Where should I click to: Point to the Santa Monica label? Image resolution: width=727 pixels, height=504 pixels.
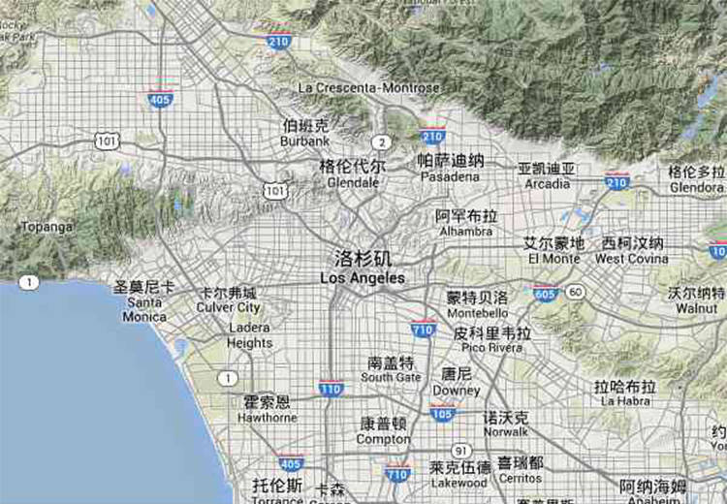tap(144, 301)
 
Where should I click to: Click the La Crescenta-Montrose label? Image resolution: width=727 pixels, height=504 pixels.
tap(368, 87)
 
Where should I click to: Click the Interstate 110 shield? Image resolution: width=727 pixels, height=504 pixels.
tap(331, 389)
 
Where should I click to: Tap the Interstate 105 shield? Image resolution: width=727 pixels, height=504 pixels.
tap(443, 414)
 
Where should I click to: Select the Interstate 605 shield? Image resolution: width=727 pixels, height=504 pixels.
tap(546, 293)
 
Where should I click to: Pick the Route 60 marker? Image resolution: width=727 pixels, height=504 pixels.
tap(576, 291)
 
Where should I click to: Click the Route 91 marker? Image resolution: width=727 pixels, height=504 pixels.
tap(460, 451)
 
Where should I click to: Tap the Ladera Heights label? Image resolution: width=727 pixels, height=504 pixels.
tap(250, 335)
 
